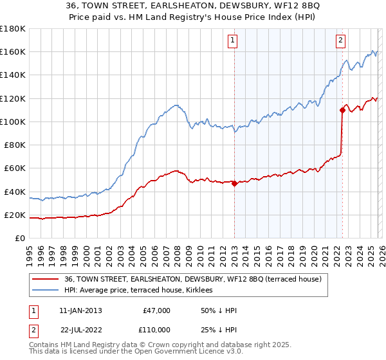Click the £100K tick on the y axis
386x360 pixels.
pos(13,122)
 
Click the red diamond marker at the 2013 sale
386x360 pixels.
pos(234,183)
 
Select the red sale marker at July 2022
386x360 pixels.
pos(342,110)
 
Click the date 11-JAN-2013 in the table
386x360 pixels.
pos(80,310)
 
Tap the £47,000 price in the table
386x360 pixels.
pos(155,310)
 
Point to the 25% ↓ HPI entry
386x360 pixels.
pos(219,329)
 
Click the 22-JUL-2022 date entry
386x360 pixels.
pos(80,329)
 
